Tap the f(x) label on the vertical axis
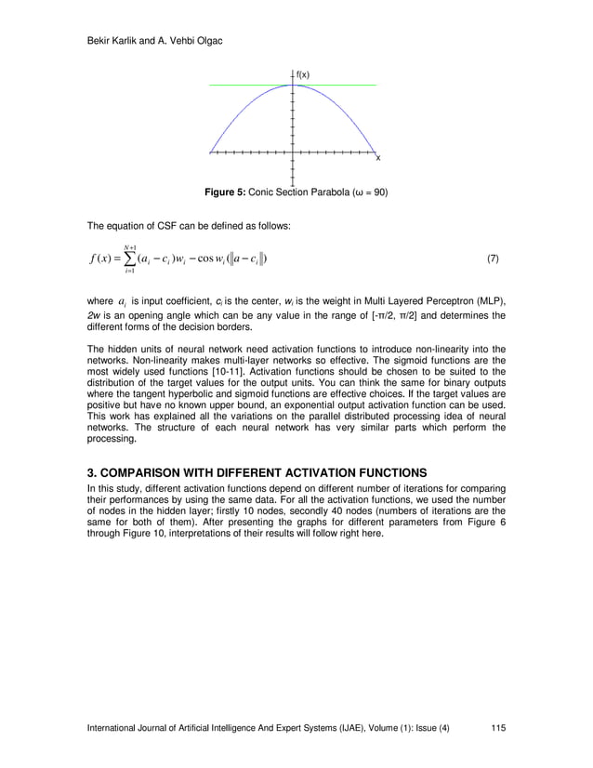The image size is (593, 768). point(303,74)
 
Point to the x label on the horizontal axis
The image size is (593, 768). point(378,157)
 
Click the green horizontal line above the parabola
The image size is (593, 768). point(242,85)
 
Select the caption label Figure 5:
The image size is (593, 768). point(224,192)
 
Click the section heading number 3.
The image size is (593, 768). point(91,471)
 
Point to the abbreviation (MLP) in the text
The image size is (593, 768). point(490,302)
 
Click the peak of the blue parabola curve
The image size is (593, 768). point(293,86)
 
